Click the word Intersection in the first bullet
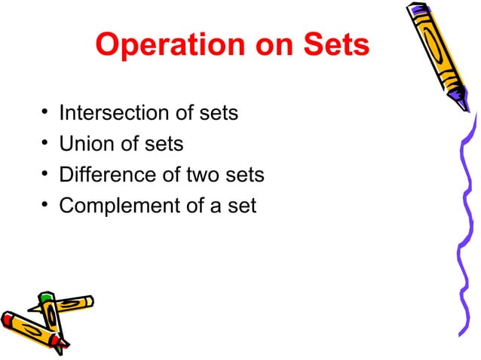[x=114, y=114]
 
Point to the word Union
[x=85, y=144]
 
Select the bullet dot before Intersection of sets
[x=44, y=114]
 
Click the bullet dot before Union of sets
[x=44, y=144]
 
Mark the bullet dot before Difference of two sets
[x=44, y=175]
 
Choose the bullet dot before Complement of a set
[x=44, y=205]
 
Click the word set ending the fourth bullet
[x=241, y=205]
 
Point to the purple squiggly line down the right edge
[x=461, y=226]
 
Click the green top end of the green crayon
[x=46, y=299]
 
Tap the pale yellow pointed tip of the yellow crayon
[x=90, y=301]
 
